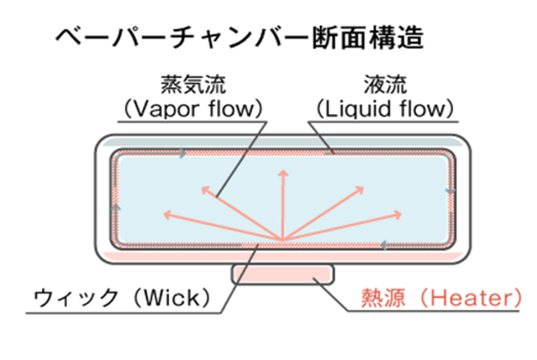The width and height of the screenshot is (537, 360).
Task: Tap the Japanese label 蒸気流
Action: click(x=190, y=86)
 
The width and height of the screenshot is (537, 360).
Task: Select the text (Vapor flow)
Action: click(x=190, y=109)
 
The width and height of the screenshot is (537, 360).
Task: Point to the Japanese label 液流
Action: click(x=384, y=86)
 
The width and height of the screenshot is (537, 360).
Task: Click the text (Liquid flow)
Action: click(x=384, y=109)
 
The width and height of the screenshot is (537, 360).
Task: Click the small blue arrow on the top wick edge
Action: click(x=182, y=154)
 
